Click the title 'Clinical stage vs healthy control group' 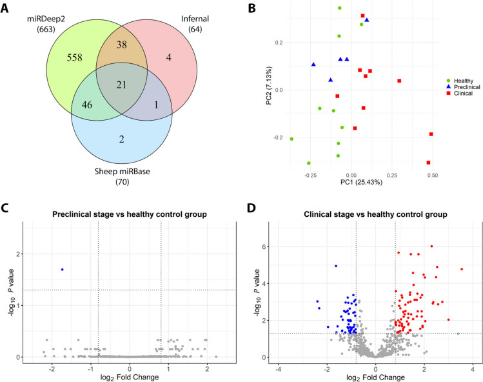point(373,214)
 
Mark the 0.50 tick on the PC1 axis point(432,175)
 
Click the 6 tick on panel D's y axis point(264,246)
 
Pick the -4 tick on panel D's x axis point(278,368)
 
